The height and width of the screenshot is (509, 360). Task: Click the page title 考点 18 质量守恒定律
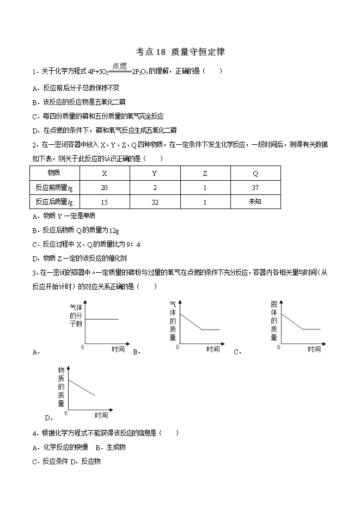coord(180,52)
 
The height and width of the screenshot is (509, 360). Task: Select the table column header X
coord(105,173)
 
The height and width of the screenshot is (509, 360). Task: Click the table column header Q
coord(255,173)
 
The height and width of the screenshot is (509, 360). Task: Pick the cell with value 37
coord(255,187)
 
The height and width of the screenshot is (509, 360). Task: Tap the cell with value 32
coord(155,201)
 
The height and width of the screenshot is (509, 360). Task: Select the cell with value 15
coord(105,201)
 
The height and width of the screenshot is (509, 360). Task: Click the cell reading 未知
coord(255,201)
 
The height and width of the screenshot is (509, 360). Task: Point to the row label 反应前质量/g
coord(54,187)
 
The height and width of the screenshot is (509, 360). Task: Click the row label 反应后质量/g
coord(54,201)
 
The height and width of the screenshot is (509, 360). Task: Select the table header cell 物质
coord(54,173)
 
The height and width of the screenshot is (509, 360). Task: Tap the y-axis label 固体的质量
coord(274,321)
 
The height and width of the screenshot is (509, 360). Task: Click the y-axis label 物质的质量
coord(61,387)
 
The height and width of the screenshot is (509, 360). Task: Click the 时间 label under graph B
coord(213,349)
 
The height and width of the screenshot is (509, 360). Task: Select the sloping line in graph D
coord(82,387)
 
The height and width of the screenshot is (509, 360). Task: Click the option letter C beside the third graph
coord(237,352)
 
